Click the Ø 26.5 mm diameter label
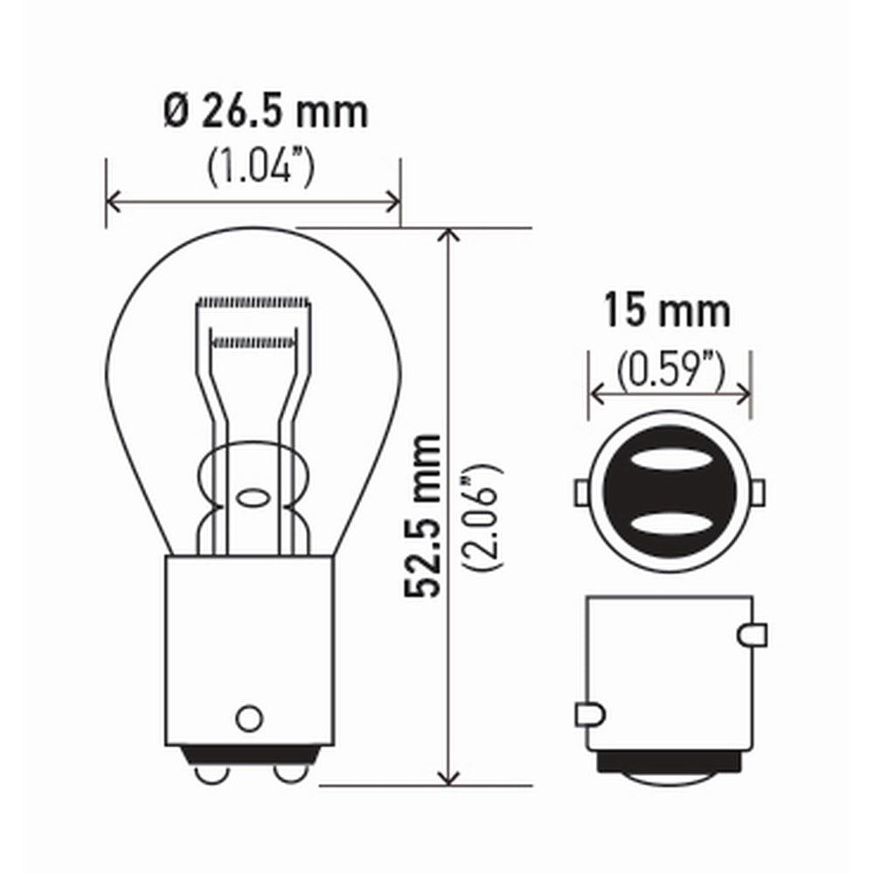(267, 112)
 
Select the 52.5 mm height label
(423, 515)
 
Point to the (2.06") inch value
(482, 517)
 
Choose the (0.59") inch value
(670, 370)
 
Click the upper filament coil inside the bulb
(253, 302)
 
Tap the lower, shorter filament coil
(253, 343)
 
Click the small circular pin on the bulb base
(249, 718)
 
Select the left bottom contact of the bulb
(212, 773)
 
